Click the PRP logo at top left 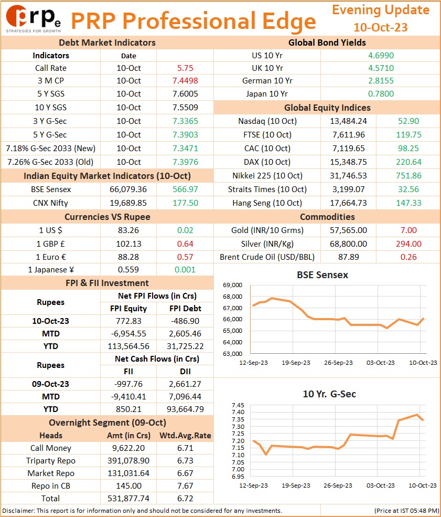click(x=33, y=19)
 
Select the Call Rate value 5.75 click(x=185, y=68)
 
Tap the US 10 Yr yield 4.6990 click(x=381, y=56)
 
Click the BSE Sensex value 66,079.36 click(x=128, y=189)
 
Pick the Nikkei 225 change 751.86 click(x=408, y=175)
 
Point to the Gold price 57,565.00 click(x=349, y=230)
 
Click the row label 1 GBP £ click(x=50, y=244)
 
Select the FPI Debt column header click(x=185, y=308)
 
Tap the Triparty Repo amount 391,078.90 click(x=128, y=461)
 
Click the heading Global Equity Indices click(x=327, y=108)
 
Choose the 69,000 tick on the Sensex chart click(x=232, y=285)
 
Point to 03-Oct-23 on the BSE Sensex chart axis click(x=380, y=363)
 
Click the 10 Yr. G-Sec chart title click(x=329, y=394)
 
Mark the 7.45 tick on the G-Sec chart click(x=238, y=405)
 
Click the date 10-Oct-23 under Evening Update click(x=380, y=27)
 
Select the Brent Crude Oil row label click(x=267, y=257)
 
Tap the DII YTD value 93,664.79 click(x=185, y=409)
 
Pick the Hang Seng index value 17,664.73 click(x=349, y=203)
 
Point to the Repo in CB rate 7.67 click(x=185, y=486)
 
